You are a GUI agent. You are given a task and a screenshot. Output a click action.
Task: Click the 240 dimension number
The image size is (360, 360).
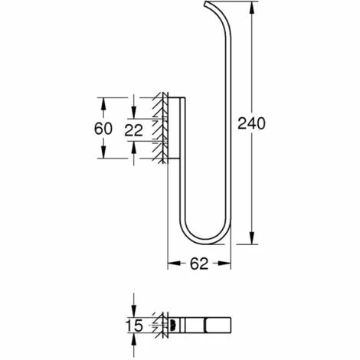click(x=251, y=123)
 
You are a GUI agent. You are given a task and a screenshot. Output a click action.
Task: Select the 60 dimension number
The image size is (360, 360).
click(x=103, y=129)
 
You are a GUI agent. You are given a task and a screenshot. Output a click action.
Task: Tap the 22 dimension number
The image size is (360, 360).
click(x=133, y=130)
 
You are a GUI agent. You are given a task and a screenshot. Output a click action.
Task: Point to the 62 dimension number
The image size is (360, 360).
click(x=199, y=263)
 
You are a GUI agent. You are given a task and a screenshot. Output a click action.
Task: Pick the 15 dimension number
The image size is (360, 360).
click(x=135, y=326)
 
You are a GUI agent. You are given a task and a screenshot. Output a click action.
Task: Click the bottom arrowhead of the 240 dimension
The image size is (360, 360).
click(x=252, y=238)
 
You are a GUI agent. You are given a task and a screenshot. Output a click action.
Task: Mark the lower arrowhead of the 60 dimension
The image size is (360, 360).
click(x=103, y=152)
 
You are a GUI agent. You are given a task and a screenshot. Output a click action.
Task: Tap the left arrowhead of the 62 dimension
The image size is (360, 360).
click(x=174, y=263)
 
